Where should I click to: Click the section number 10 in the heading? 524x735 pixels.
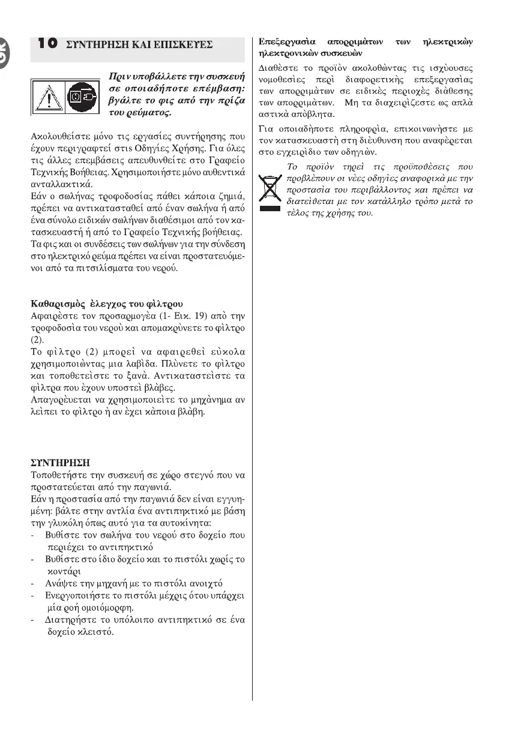pos(47,43)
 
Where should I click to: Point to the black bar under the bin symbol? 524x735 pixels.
pos(270,208)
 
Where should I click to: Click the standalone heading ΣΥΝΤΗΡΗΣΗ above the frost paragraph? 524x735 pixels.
pos(60,463)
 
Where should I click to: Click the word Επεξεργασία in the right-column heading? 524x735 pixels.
pos(286,42)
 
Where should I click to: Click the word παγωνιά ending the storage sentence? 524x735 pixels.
pos(155,487)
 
